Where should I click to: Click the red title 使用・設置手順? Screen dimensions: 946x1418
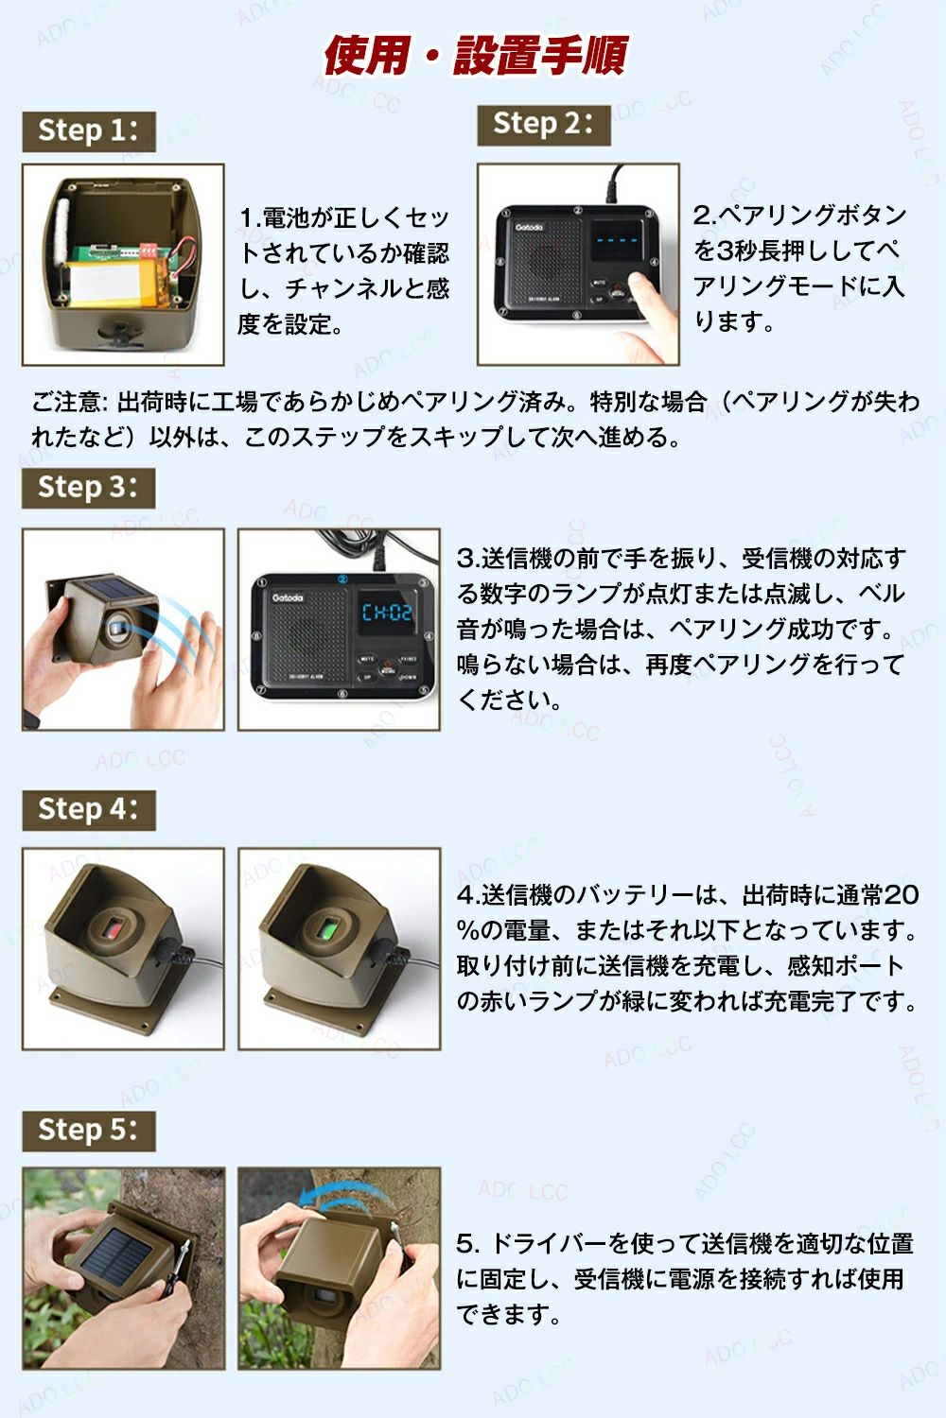[475, 56]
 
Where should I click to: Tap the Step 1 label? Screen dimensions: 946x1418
[89, 131]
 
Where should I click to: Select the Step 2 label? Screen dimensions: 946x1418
[544, 125]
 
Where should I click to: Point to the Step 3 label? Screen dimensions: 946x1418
[88, 488]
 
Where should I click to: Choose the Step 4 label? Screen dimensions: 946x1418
[89, 809]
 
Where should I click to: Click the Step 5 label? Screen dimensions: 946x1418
[89, 1131]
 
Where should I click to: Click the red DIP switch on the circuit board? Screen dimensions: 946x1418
[149, 250]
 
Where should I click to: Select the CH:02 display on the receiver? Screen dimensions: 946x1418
[387, 613]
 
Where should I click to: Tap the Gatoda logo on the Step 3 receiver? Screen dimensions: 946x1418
[287, 597]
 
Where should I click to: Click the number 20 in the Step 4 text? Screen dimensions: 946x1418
[901, 895]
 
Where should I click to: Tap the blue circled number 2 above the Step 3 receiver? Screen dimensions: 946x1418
[342, 579]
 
